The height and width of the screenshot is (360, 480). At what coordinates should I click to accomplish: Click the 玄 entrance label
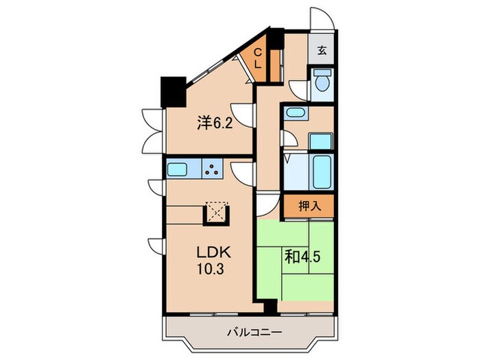[322, 50]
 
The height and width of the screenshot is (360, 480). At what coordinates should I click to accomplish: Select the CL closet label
[259, 58]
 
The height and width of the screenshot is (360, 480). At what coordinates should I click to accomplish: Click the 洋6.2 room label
[215, 123]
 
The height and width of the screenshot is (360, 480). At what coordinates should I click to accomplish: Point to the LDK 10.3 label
[213, 261]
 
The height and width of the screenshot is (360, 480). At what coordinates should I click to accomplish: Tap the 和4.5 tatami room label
[302, 256]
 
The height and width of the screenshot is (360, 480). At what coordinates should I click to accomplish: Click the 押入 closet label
[309, 206]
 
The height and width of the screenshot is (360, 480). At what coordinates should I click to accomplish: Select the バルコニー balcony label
[254, 332]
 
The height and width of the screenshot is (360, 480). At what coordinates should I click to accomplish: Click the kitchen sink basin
[177, 169]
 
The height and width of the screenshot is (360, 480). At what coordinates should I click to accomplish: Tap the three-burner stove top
[212, 169]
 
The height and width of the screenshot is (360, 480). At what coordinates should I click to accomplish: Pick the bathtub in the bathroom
[322, 171]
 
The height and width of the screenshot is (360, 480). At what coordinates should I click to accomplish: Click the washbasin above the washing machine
[294, 112]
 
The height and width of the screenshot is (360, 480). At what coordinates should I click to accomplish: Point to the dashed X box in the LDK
[217, 211]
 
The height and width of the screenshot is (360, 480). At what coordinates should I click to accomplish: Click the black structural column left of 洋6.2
[173, 91]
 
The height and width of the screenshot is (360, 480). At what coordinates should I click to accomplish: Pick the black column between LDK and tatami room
[270, 306]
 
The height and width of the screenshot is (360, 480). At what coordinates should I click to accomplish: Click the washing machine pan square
[320, 141]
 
